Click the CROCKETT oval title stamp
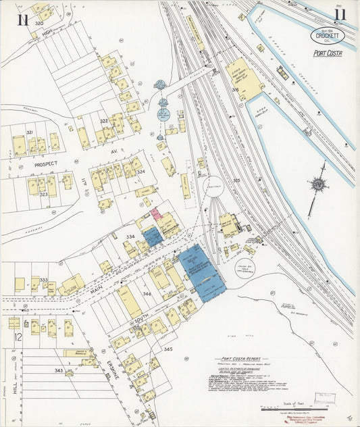(328, 35)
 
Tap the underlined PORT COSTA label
(328, 53)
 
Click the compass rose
(317, 184)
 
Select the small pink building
(155, 214)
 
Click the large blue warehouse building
(201, 272)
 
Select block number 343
(59, 371)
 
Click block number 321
(30, 132)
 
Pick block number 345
(168, 349)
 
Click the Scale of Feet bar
(291, 409)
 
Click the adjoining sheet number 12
(18, 336)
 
